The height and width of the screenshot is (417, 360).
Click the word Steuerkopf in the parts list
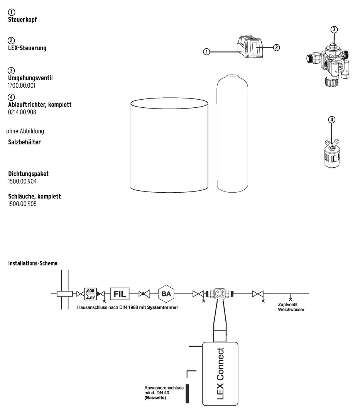click(22, 19)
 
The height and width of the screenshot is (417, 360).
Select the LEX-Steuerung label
click(27, 48)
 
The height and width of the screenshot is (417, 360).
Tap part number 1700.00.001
click(21, 86)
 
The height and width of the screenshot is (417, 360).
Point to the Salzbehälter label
click(24, 142)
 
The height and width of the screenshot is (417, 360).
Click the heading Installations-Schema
click(32, 263)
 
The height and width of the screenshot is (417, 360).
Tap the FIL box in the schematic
click(120, 294)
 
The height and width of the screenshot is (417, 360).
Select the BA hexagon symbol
click(166, 294)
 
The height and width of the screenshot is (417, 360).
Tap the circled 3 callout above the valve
click(335, 29)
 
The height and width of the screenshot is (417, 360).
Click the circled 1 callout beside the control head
click(206, 52)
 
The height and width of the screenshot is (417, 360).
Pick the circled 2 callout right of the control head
click(276, 48)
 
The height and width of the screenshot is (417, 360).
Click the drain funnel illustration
click(332, 154)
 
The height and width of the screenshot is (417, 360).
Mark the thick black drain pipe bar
click(187, 393)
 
